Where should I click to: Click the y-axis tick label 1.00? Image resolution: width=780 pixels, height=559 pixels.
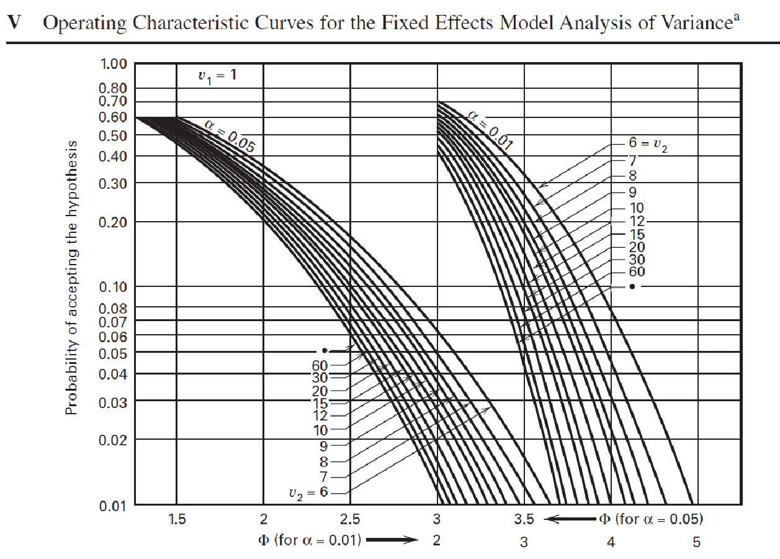114,64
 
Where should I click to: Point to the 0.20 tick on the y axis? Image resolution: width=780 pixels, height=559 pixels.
114,222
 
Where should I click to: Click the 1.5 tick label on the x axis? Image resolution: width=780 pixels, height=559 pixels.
177,520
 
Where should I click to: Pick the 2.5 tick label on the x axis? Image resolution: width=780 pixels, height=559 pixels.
350,520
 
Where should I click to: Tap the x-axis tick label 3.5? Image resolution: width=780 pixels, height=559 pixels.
524,520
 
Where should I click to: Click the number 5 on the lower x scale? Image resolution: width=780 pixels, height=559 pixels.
697,542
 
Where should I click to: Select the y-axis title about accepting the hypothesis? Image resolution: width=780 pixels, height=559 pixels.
73,278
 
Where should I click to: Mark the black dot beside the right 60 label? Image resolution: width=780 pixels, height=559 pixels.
632,286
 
